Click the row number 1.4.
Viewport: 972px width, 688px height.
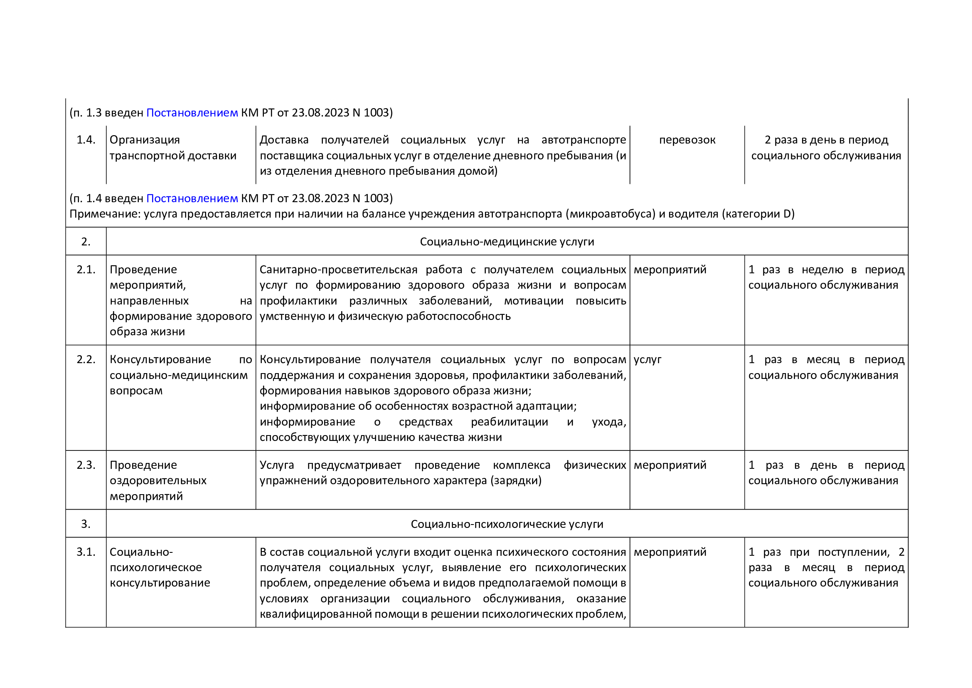click(86, 140)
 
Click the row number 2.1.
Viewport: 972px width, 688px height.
click(86, 270)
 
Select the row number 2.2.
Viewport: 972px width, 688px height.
click(86, 359)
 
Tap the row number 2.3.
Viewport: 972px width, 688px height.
click(86, 465)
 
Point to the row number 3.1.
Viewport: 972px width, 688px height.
click(86, 552)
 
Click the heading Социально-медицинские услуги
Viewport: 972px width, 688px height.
click(507, 242)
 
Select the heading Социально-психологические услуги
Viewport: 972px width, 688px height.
click(507, 524)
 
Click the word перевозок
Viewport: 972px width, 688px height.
click(687, 140)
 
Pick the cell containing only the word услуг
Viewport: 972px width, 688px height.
click(647, 359)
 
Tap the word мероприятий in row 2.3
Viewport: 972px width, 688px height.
click(670, 465)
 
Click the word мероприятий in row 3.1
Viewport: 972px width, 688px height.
click(670, 552)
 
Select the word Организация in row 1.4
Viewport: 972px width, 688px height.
click(144, 140)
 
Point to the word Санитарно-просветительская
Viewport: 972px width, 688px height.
click(338, 270)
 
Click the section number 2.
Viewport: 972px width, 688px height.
click(86, 242)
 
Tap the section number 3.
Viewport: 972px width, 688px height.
click(86, 524)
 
